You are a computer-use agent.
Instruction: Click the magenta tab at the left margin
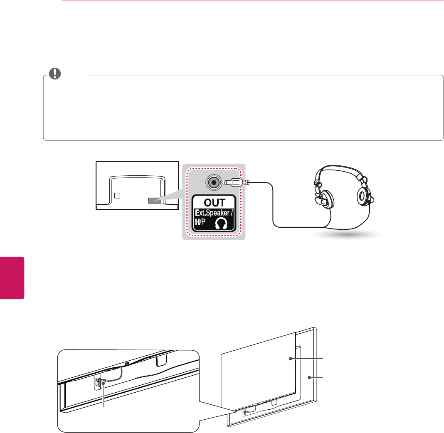12,278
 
